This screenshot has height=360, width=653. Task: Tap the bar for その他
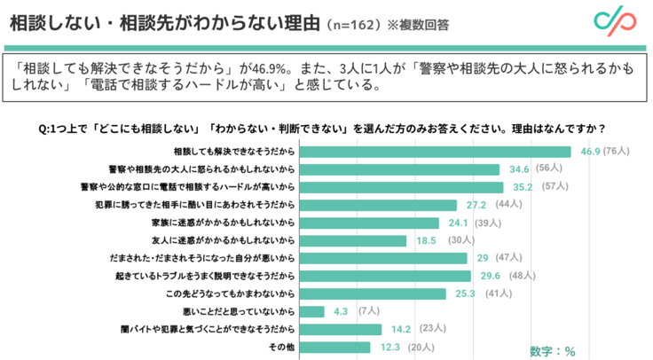click(334, 347)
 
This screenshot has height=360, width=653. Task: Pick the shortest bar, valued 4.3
click(311, 311)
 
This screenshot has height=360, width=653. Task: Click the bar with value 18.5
click(352, 239)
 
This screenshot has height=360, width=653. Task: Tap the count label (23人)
click(433, 329)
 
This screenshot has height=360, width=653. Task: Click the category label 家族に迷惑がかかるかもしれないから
click(232, 222)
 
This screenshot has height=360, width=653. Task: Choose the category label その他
click(282, 347)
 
